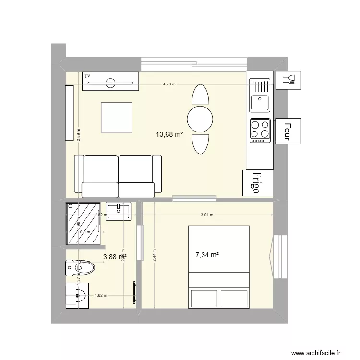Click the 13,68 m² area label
pos(169,135)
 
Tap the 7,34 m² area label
pos(207,255)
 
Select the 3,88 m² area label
pos(115,257)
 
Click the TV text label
pos(87,76)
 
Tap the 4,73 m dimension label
pos(169,84)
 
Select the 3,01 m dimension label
pos(207,215)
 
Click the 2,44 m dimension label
pos(154,254)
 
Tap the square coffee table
pos(116,118)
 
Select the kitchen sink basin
pos(260,103)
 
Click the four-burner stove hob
pos(260,130)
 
